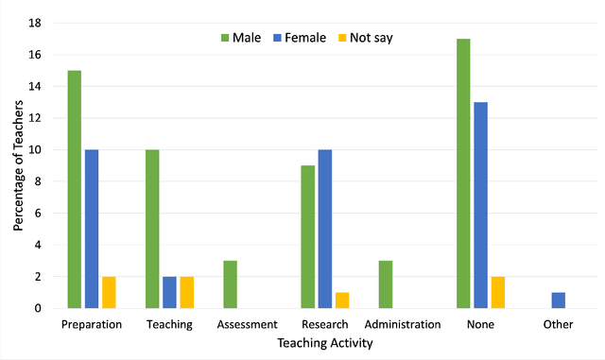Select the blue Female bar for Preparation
[92, 229]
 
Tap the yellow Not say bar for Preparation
[109, 292]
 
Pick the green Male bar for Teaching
[152, 229]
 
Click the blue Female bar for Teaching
[169, 292]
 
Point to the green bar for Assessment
[230, 284]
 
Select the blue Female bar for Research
[325, 229]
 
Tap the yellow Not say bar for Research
[342, 300]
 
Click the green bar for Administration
[386, 284]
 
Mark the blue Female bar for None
[480, 205]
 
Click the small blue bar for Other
[558, 300]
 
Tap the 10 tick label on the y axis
[36, 149]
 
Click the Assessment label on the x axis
[247, 325]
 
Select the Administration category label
[403, 325]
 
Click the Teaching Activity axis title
[324, 344]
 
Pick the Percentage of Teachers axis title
[18, 165]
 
